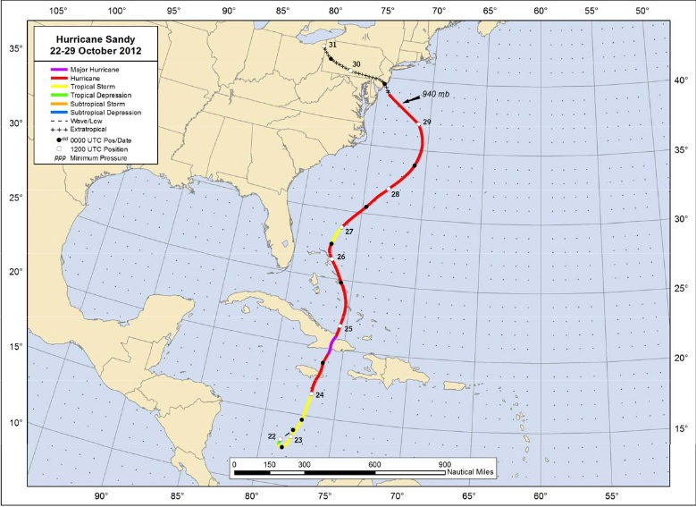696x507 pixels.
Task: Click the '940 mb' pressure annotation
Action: coord(436,94)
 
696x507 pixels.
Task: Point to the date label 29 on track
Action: coord(427,122)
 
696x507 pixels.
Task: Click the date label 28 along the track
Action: coord(395,194)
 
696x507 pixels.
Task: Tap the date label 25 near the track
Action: coord(348,330)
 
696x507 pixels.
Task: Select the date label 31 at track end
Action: coord(332,45)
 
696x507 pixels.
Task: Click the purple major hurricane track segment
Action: coord(331,344)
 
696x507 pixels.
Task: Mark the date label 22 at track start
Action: coord(272,435)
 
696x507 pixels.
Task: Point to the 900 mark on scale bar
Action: coord(444,464)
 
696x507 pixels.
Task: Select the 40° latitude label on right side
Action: coord(680,80)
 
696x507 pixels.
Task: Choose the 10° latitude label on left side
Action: coord(15,423)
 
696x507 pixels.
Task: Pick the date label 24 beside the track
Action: coord(320,395)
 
